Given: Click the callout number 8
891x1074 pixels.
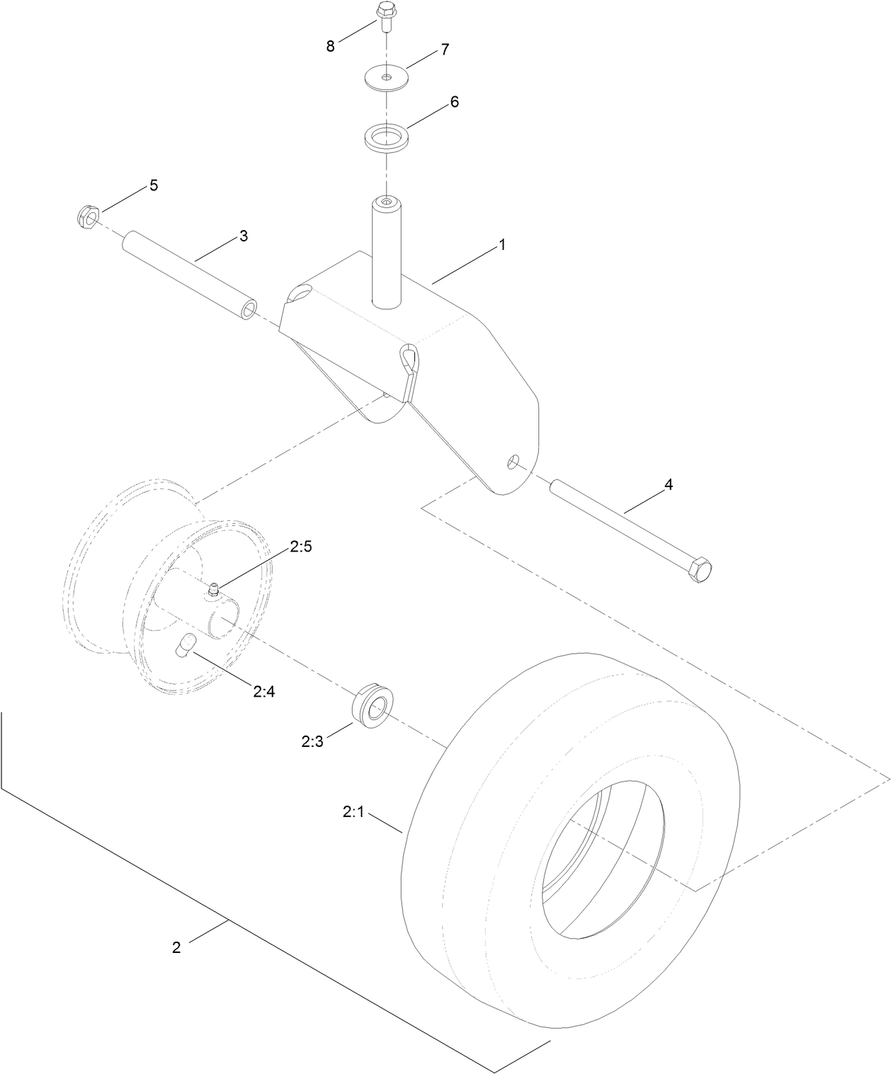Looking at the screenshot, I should [x=330, y=46].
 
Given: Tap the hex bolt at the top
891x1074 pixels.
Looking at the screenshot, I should [x=385, y=16].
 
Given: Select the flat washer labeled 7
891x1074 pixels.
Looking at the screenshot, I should [x=386, y=77].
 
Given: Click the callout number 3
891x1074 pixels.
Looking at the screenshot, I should [x=243, y=236].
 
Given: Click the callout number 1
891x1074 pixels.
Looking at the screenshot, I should [x=501, y=245].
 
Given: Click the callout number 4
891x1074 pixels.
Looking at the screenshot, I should [x=668, y=485].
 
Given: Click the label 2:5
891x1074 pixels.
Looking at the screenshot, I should [x=300, y=547].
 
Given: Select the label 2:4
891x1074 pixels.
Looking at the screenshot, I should [x=263, y=691].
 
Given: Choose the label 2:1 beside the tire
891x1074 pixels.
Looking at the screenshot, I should [x=353, y=813].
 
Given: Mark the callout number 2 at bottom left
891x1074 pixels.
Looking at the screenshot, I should [x=176, y=947].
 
